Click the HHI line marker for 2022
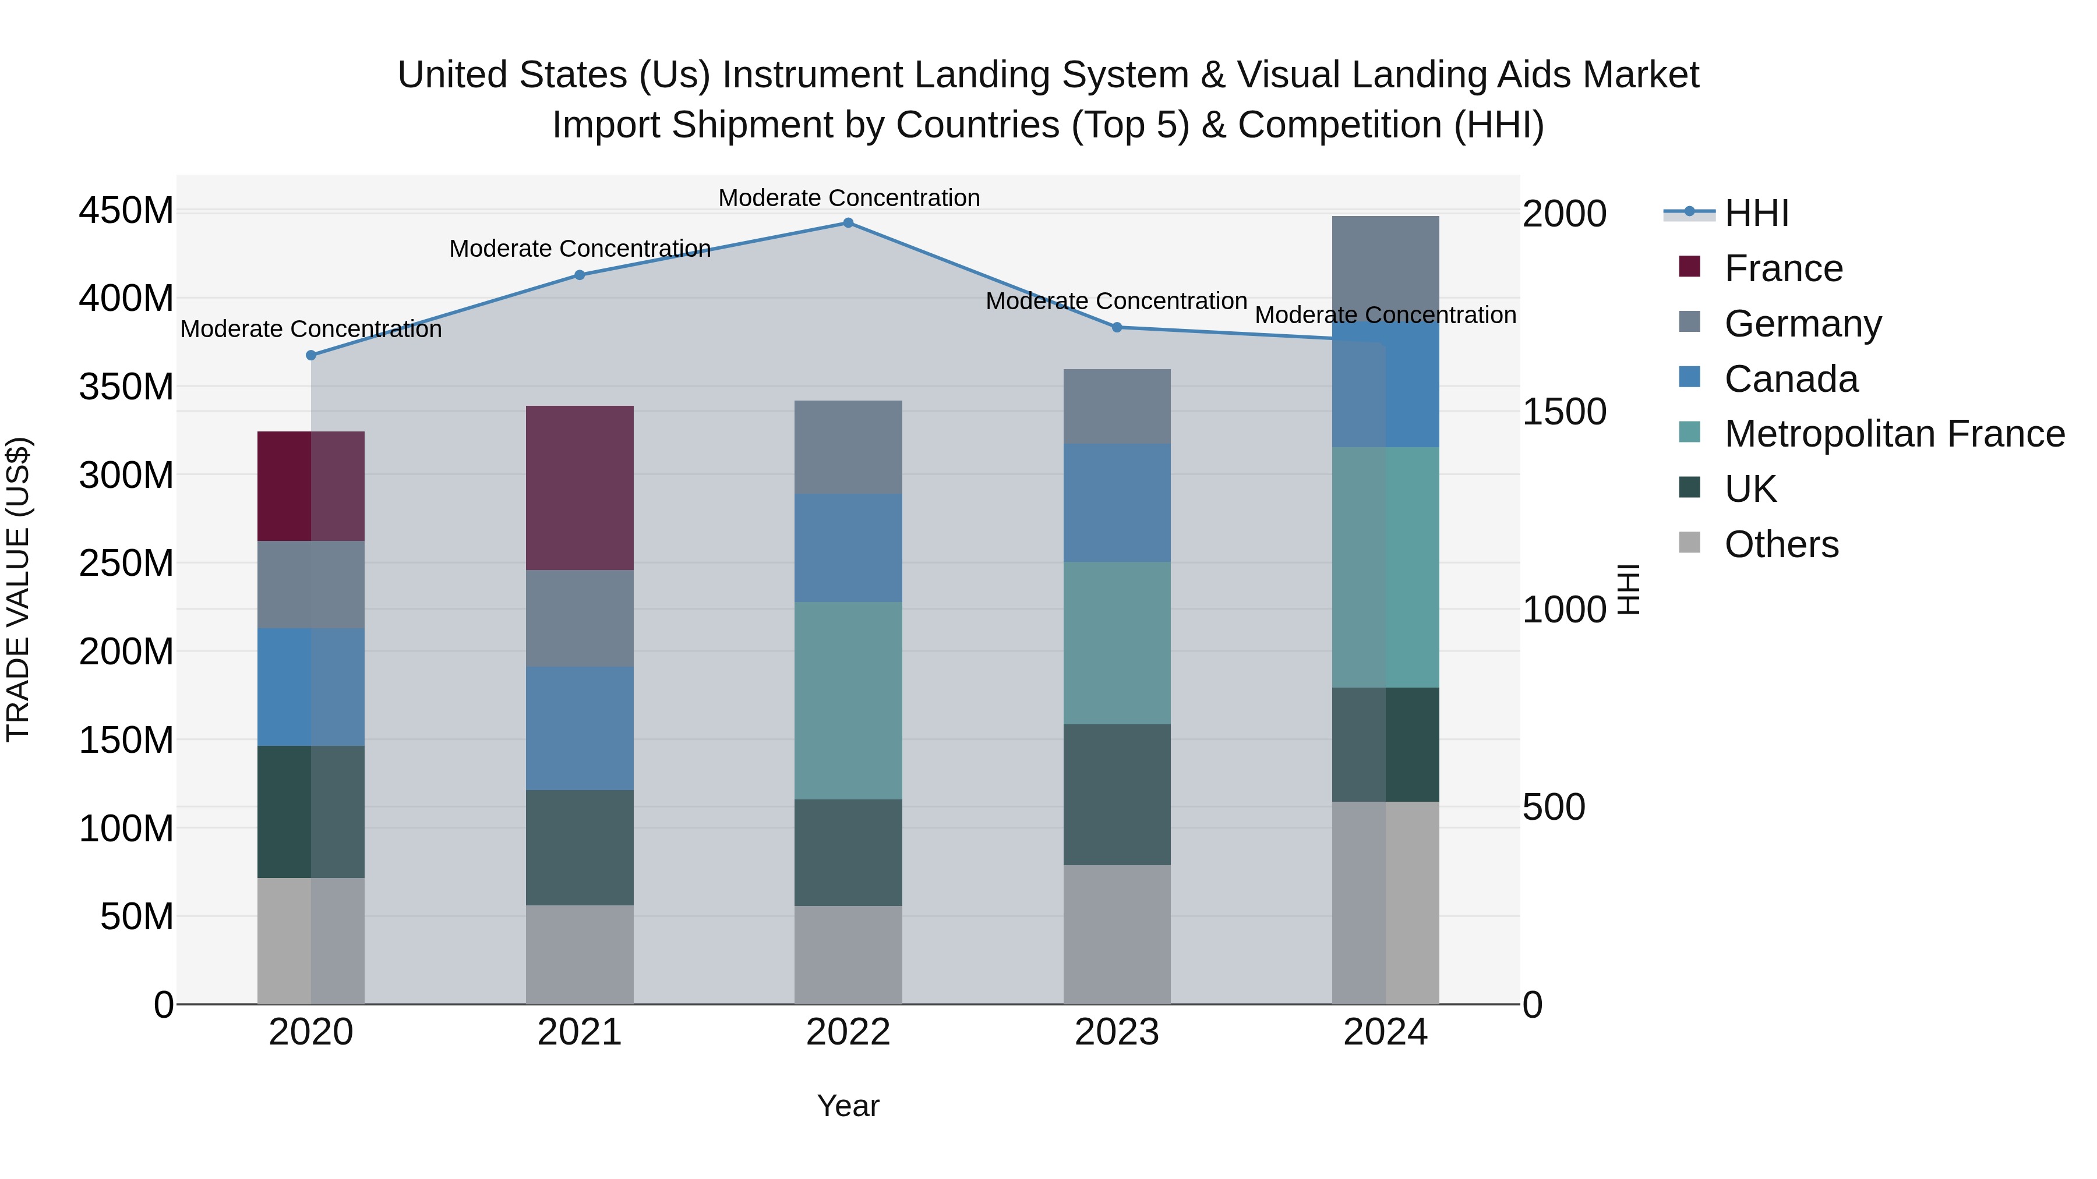click(x=848, y=222)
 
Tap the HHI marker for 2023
click(x=1117, y=327)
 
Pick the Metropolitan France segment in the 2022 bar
click(x=848, y=700)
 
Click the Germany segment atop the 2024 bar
click(x=1386, y=268)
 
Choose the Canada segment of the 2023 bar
click(x=1117, y=503)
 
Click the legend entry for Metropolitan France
click(x=1894, y=434)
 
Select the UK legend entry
click(x=1750, y=489)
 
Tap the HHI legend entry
click(x=1756, y=213)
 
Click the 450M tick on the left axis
click(x=126, y=211)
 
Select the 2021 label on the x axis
click(x=580, y=1032)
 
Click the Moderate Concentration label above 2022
click(x=848, y=198)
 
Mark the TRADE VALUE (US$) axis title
click(x=18, y=589)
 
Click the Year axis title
click(x=848, y=1106)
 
